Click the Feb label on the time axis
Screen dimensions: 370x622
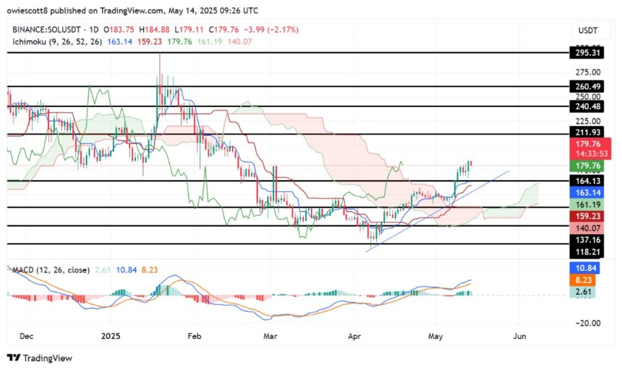[x=193, y=336]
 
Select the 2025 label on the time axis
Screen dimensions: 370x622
[x=111, y=336]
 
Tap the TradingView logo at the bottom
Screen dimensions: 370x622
[x=40, y=358]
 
